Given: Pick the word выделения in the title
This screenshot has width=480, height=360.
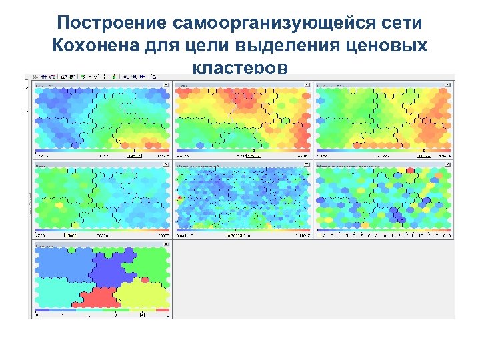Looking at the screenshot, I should coord(305,46).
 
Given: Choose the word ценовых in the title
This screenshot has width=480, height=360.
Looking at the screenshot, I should coord(396,46).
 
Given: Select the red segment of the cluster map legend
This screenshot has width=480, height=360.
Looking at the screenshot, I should coord(163,310).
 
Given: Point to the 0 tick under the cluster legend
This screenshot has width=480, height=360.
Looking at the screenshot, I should coord(37,315).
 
